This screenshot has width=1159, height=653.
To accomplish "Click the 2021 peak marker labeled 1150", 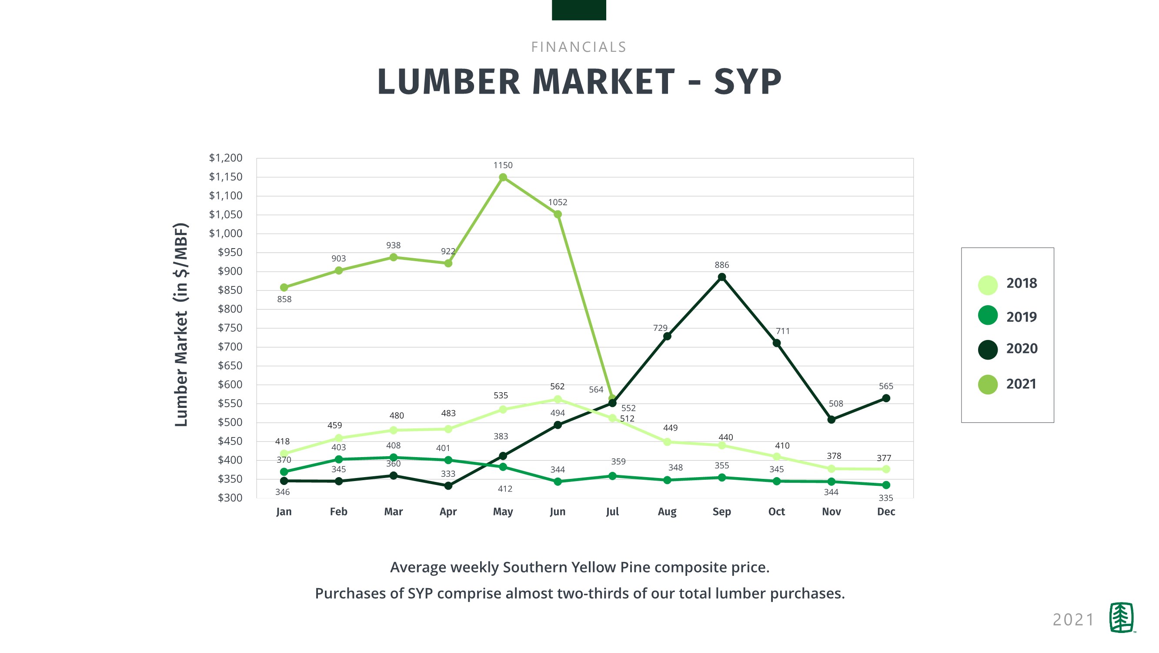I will tap(503, 178).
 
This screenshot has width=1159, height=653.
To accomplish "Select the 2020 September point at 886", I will tap(721, 277).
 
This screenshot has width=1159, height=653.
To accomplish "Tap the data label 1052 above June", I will tap(558, 202).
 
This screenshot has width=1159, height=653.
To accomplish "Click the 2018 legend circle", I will tap(988, 285).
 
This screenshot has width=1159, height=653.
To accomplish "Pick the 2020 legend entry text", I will tap(1022, 349).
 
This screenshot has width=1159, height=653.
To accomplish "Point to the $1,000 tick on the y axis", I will tap(225, 233).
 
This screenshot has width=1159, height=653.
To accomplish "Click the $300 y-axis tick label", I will tap(230, 498).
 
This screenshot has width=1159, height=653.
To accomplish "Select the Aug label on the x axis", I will tap(667, 512).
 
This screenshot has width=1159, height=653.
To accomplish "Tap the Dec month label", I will tap(886, 512).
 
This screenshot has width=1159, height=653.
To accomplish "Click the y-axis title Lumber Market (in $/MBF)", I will tap(181, 324).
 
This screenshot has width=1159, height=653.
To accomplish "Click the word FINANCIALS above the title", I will tap(578, 47).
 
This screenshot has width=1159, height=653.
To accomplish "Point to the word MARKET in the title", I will tap(604, 82).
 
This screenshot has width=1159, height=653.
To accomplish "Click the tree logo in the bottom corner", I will tap(1121, 617).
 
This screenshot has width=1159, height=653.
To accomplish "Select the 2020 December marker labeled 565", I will tap(886, 398).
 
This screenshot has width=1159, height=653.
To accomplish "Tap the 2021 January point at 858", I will tap(284, 287).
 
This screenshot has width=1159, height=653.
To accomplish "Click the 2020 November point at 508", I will tap(832, 420).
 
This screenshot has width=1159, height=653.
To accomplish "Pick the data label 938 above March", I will tap(393, 246).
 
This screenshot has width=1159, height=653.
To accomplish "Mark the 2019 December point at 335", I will tap(886, 485).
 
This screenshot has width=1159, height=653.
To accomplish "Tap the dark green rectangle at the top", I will tap(578, 10).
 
